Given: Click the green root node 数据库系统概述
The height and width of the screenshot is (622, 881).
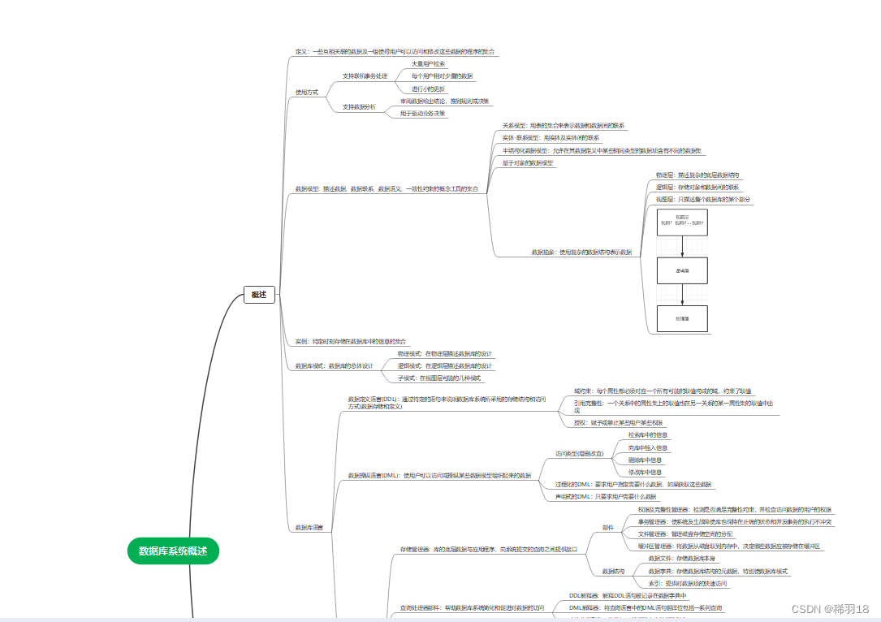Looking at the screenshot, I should [x=174, y=551].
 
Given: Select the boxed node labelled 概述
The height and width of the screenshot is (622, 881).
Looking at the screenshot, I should [x=259, y=295].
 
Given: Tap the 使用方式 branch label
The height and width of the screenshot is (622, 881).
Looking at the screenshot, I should [x=307, y=92].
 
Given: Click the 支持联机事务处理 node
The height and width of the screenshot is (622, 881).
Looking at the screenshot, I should [x=365, y=76].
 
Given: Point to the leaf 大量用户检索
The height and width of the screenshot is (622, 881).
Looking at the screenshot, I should [x=428, y=63].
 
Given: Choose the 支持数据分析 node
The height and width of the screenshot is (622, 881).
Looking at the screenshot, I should [x=359, y=106].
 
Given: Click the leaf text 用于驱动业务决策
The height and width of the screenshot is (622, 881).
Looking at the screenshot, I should [x=422, y=114].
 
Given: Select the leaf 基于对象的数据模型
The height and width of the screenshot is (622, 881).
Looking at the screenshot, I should [x=528, y=162].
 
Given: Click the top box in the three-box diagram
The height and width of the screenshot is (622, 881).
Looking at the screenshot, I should [x=682, y=221].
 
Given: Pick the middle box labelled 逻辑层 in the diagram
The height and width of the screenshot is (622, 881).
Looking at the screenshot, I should [x=682, y=270].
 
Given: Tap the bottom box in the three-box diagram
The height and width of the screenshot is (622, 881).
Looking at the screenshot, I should [x=682, y=317].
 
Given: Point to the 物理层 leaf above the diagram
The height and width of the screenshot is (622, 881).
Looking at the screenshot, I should [x=697, y=175].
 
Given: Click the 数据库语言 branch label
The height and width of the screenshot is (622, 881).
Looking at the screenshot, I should [x=309, y=528].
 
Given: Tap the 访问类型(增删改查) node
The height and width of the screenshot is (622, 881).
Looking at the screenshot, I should [x=579, y=453].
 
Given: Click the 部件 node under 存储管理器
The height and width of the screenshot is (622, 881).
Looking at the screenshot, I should [x=607, y=527].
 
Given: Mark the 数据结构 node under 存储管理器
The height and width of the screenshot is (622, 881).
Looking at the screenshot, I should [x=614, y=571].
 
